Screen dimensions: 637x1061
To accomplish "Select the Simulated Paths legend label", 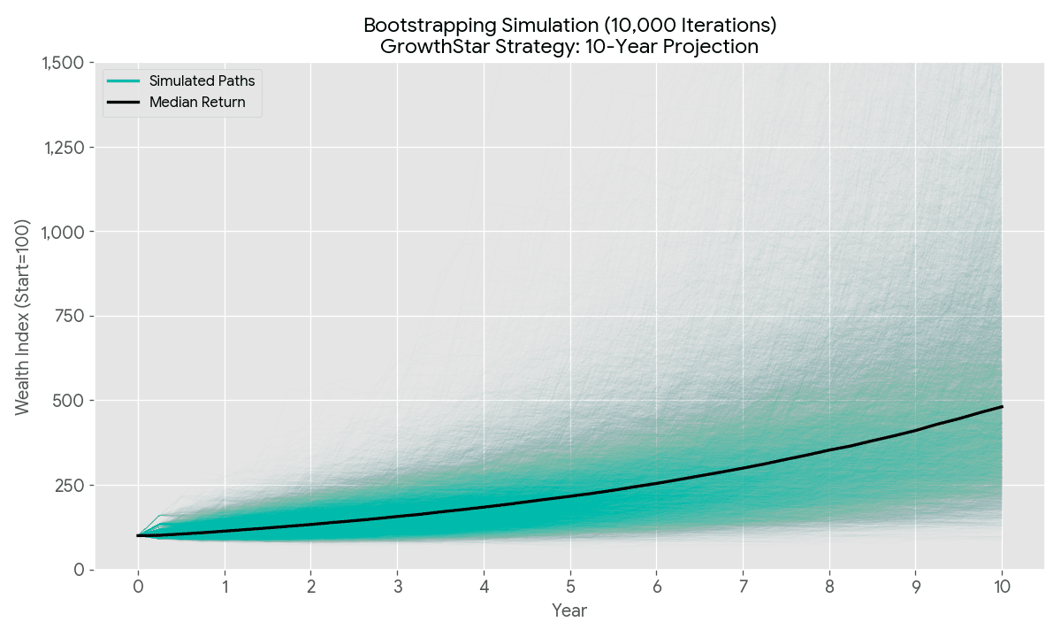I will tap(202, 81).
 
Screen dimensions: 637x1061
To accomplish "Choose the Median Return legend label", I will tap(197, 103).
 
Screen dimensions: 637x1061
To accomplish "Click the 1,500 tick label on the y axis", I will tap(65, 63).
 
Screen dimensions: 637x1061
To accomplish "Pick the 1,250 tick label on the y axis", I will tap(65, 148).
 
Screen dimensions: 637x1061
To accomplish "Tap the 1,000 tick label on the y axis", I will tap(65, 232).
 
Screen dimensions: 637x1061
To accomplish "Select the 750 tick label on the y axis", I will tap(71, 317).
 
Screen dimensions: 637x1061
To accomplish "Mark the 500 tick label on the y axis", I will tap(71, 401).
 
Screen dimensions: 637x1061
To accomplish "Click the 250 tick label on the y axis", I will tap(71, 486).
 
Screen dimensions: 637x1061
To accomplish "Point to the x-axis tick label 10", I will tap(1002, 586).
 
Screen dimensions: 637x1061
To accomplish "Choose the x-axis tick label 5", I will tap(570, 586).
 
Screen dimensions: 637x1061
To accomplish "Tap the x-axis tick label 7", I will tap(743, 586).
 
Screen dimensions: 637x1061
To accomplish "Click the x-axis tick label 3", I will tap(397, 586).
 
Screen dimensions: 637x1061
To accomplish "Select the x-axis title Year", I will tap(569, 610).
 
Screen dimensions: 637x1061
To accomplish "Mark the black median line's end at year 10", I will tap(1002, 407).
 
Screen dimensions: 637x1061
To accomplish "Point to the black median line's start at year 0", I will tap(139, 535).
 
